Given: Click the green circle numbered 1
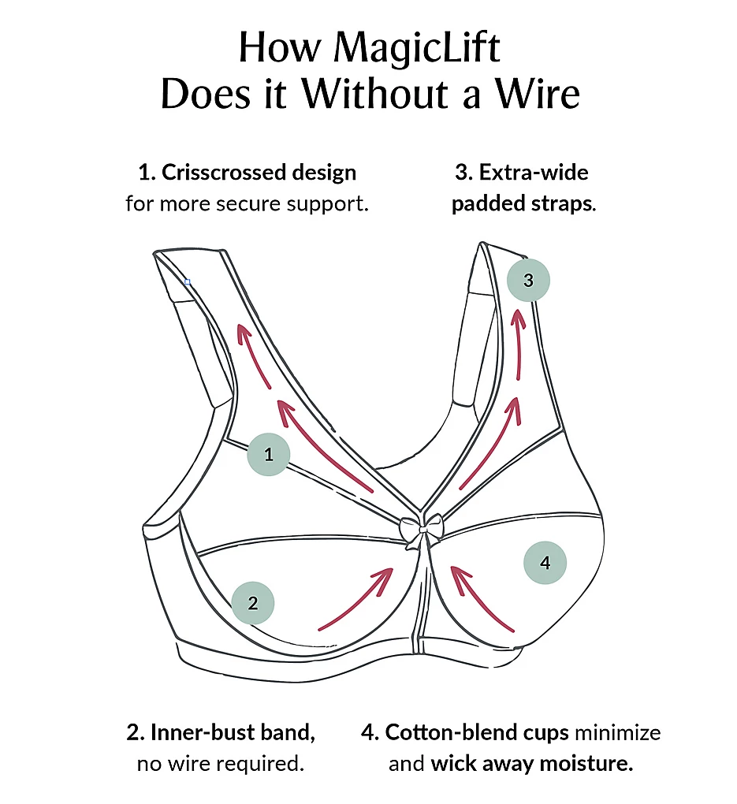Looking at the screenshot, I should pos(269,455).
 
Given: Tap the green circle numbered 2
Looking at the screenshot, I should pos(253,604).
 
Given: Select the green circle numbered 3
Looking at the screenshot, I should pos(528,280).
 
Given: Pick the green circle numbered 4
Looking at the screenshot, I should pos(545,563).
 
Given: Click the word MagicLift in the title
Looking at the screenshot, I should pos(417,49).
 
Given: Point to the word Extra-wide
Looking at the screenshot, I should pos(534,172).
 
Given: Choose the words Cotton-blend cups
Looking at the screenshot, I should pos(477,732).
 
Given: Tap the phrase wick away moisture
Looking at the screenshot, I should pos(532,764).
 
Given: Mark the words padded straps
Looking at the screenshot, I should pos(522,204).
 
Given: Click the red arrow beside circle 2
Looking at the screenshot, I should pos(356,598).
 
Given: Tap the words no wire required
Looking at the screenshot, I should pos(220,764).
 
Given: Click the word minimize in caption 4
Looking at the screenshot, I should pos(617,732).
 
